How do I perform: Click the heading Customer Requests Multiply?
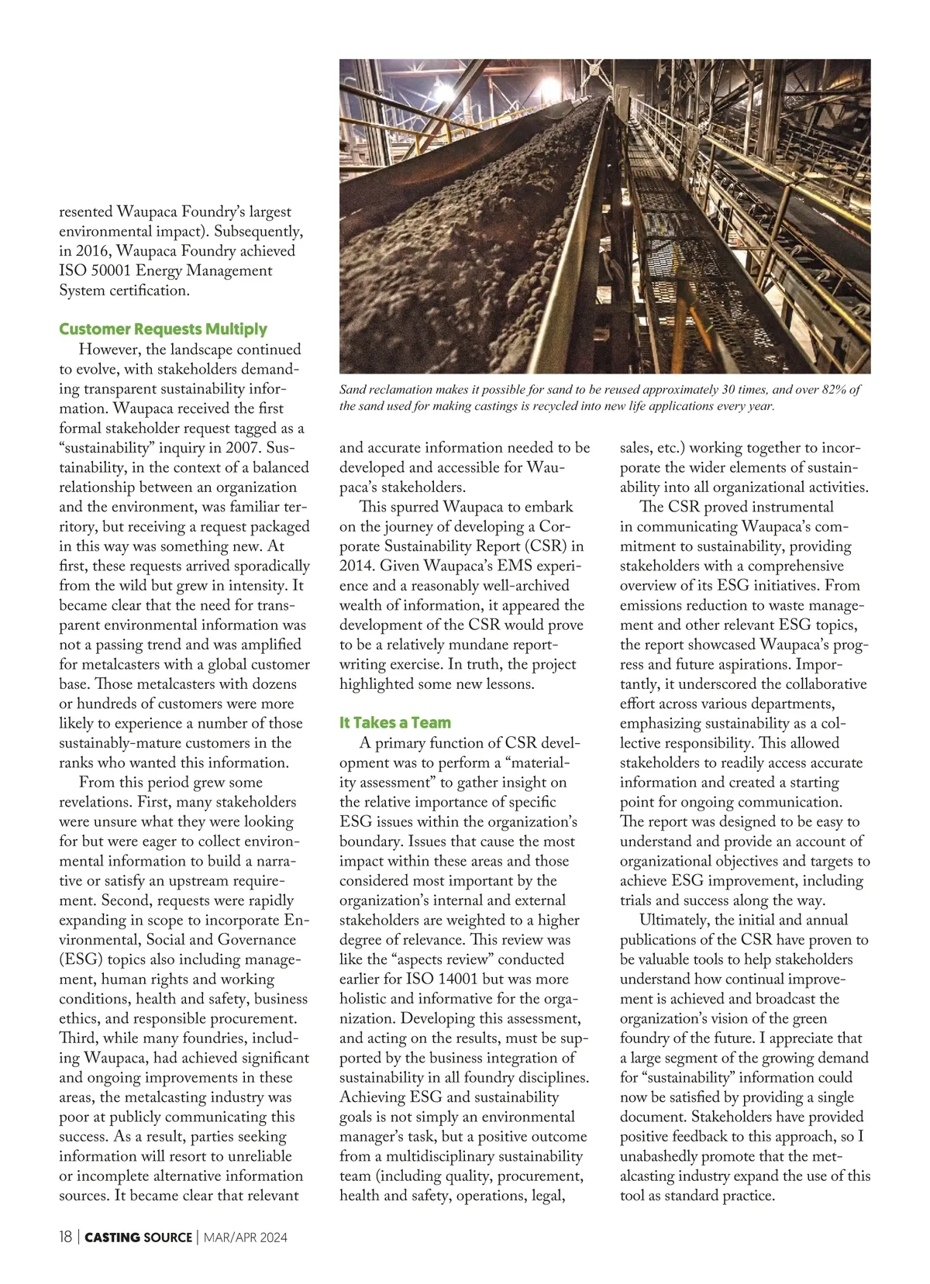click(x=163, y=329)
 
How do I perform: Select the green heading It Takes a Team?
click(x=394, y=723)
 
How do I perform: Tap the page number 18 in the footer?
click(x=66, y=1238)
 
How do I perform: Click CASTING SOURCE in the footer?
click(x=138, y=1238)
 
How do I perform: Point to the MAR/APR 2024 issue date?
click(x=245, y=1238)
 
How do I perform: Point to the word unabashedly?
click(x=664, y=1156)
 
